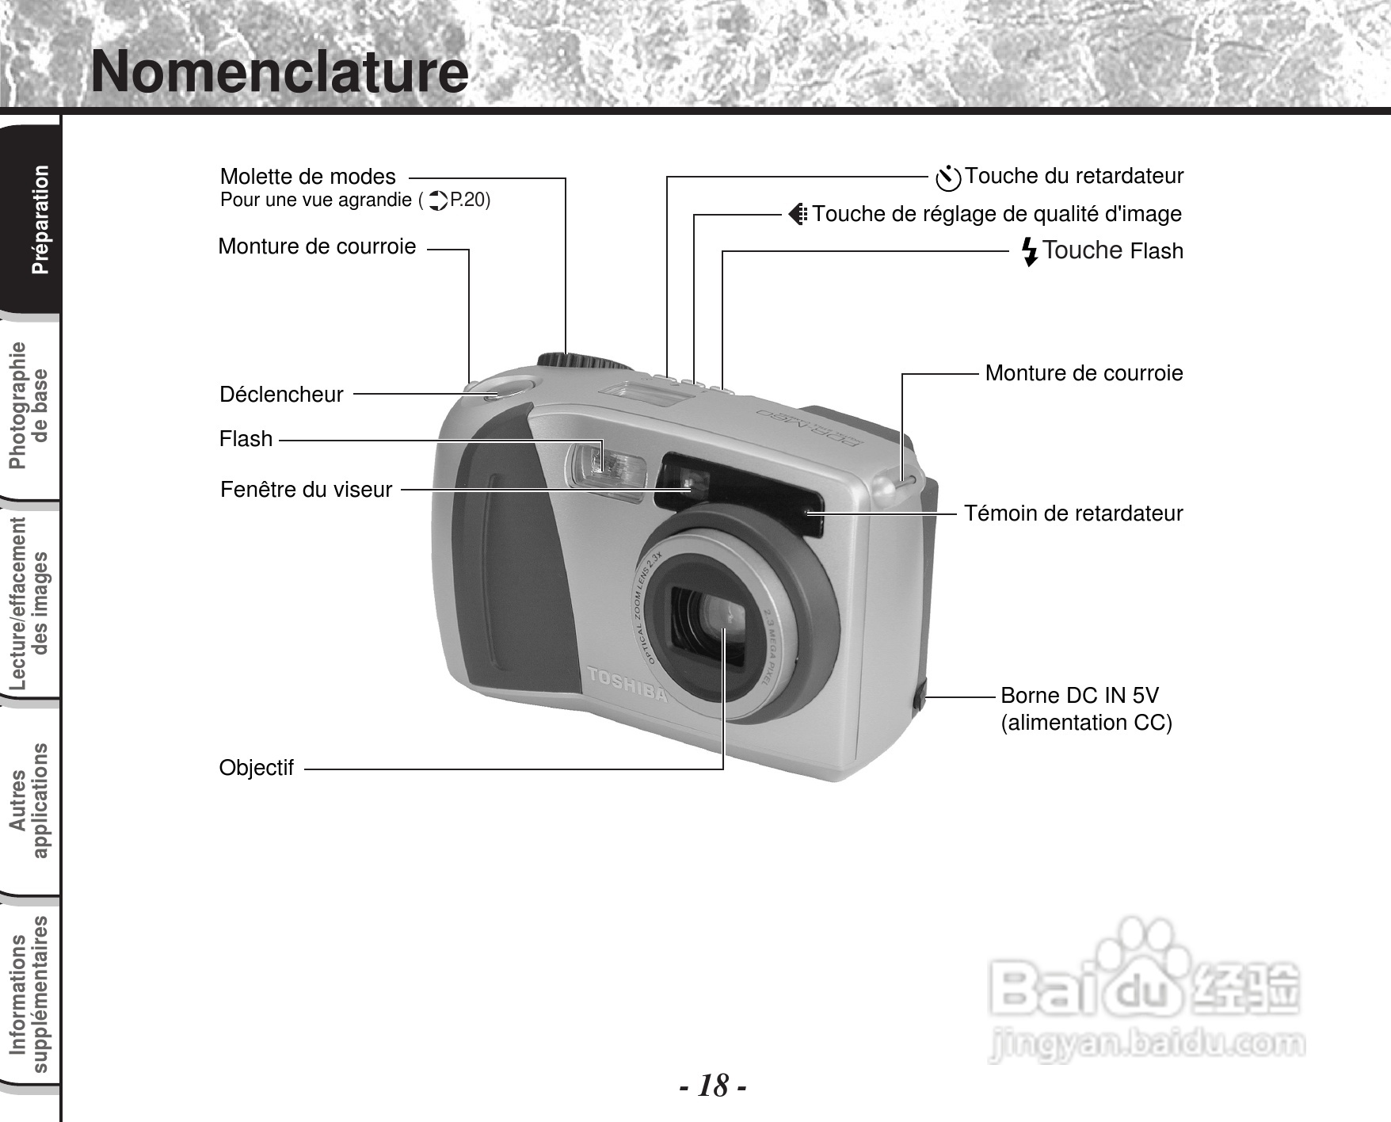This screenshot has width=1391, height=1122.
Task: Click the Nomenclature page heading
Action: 279,71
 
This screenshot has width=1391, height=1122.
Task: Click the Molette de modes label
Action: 307,176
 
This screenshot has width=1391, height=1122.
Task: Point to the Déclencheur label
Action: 281,395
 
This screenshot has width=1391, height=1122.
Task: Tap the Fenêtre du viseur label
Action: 306,490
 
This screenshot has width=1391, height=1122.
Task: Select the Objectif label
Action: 256,768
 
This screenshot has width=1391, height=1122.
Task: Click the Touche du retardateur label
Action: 1073,176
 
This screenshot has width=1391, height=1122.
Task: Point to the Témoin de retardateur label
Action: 1073,513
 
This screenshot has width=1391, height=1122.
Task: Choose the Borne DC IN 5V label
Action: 1079,696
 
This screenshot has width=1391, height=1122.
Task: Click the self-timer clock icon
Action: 947,178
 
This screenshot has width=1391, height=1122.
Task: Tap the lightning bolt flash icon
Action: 1029,251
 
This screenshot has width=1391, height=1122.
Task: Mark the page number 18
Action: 713,1086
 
